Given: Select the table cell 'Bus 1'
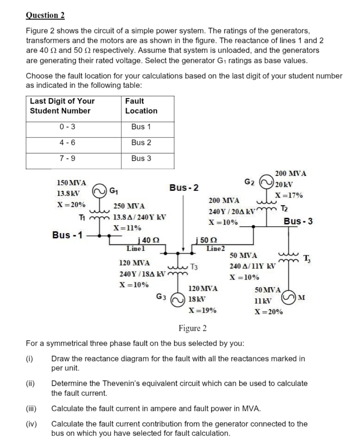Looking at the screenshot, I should [x=141, y=127].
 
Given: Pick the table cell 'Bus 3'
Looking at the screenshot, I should [x=141, y=158].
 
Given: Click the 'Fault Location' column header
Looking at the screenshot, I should [x=141, y=106].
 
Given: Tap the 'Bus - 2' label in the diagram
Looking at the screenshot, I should [x=184, y=187].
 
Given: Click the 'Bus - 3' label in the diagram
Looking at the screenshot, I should [x=298, y=221].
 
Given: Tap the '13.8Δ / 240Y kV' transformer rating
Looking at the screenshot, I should [x=140, y=217].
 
